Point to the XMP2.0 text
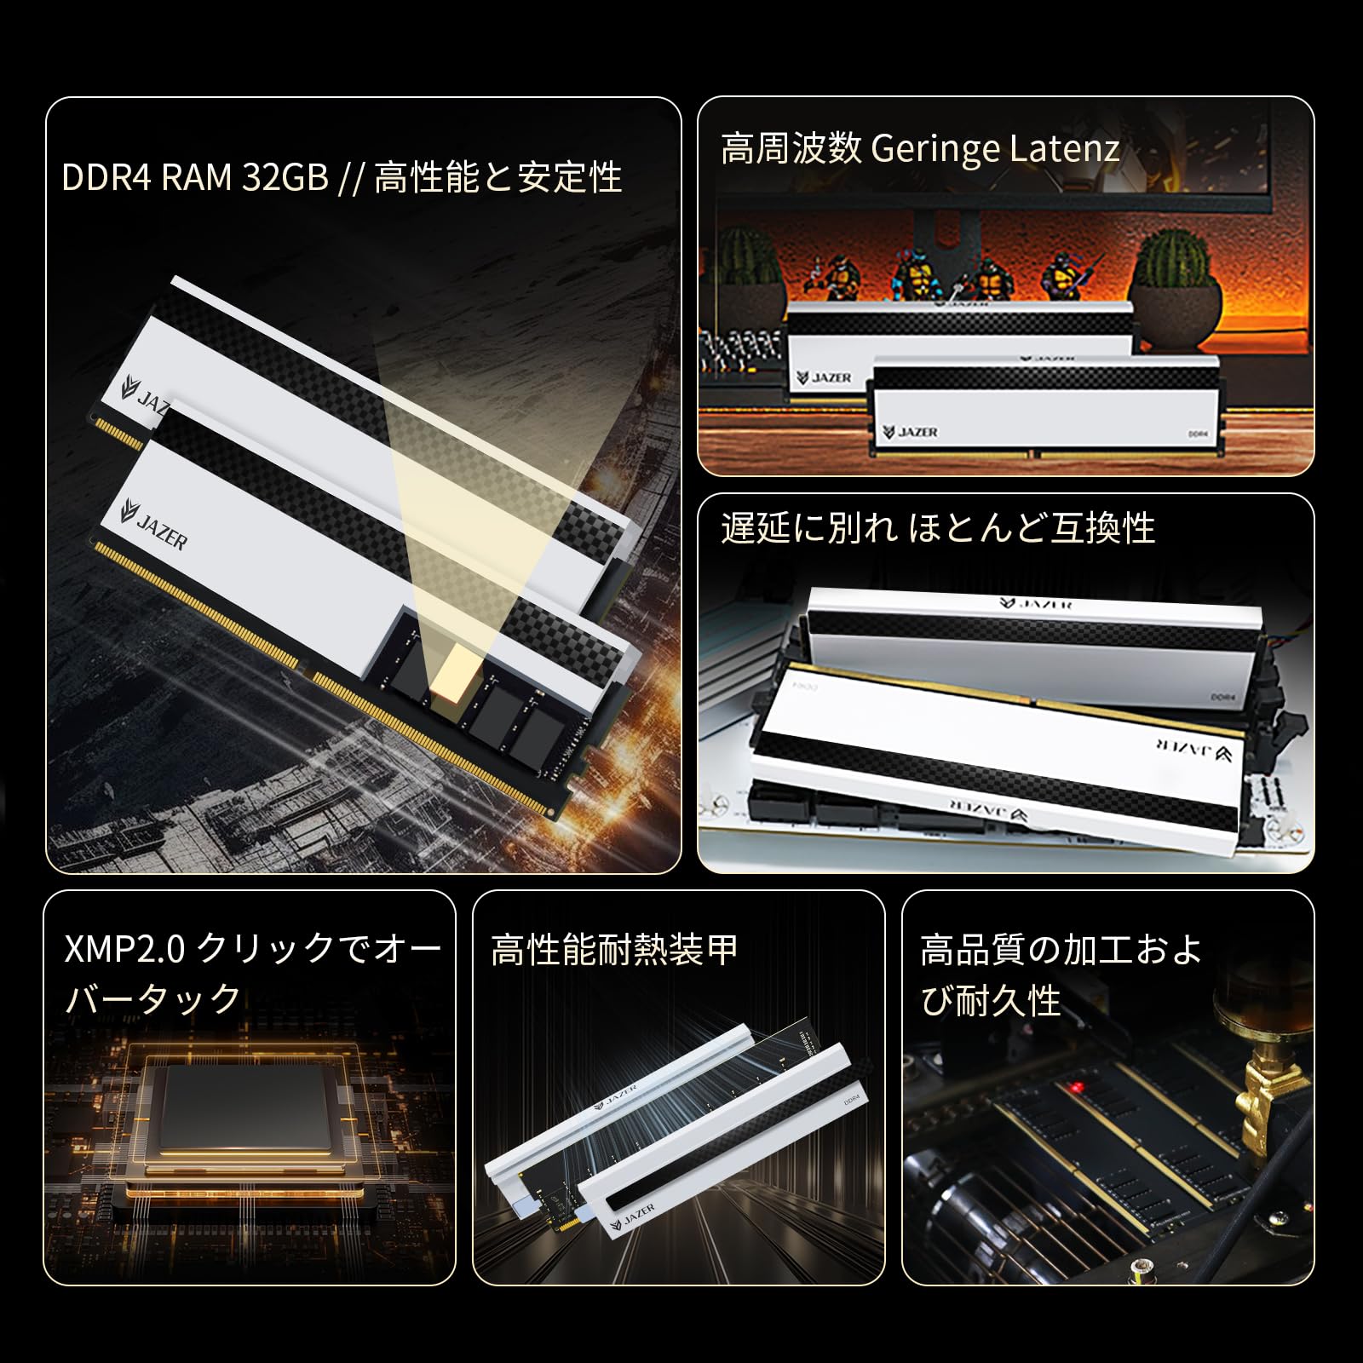[x=124, y=948]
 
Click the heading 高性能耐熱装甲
[x=615, y=949]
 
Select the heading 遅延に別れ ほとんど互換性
[x=938, y=528]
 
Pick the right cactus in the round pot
[x=1174, y=261]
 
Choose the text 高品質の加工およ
[x=1061, y=949]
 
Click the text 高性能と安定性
[x=497, y=177]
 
